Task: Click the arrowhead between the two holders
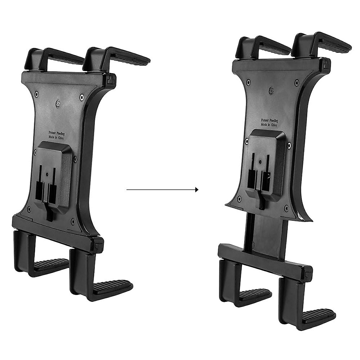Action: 196,190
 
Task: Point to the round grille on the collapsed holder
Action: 58,104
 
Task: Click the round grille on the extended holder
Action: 272,90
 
